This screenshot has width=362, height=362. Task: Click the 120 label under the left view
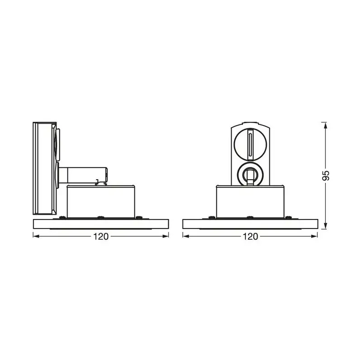[x=101, y=236]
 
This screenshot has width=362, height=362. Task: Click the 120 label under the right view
[x=251, y=236]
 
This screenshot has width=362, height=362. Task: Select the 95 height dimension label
[x=325, y=176]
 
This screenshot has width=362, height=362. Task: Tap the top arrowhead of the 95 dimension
[x=325, y=125]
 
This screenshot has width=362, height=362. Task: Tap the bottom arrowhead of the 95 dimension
[x=325, y=226]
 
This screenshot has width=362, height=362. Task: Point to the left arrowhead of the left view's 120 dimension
[x=37, y=236]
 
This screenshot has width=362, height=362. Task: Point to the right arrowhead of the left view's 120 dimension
[x=165, y=236]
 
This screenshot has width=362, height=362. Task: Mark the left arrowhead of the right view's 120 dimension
[x=186, y=236]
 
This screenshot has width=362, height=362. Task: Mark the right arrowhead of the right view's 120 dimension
[x=314, y=236]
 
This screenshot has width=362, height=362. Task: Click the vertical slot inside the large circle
[x=251, y=144]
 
